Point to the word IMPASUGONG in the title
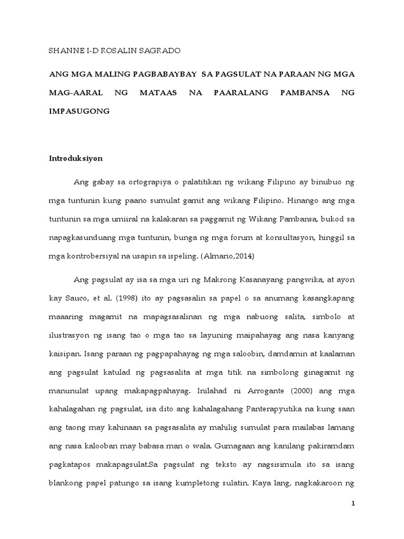click(x=79, y=111)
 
